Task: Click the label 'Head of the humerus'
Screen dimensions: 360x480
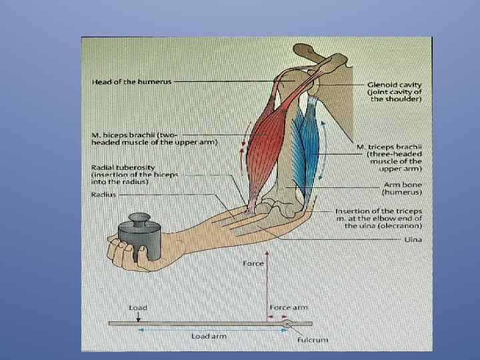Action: tap(131, 81)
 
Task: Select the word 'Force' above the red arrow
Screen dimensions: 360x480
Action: tap(253, 263)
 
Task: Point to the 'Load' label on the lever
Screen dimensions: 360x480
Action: tap(137, 308)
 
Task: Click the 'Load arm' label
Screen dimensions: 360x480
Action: tap(209, 336)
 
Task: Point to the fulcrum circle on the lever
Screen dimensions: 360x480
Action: tap(286, 323)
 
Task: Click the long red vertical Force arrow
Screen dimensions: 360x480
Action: tap(266, 287)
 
